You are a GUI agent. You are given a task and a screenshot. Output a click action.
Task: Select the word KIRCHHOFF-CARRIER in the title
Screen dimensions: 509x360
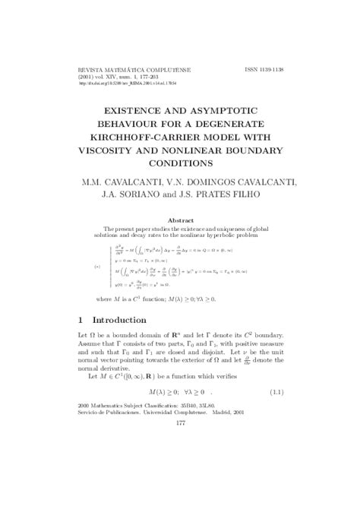[x=137, y=136]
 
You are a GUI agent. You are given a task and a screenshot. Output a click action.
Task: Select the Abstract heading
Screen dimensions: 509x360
[x=180, y=220]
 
